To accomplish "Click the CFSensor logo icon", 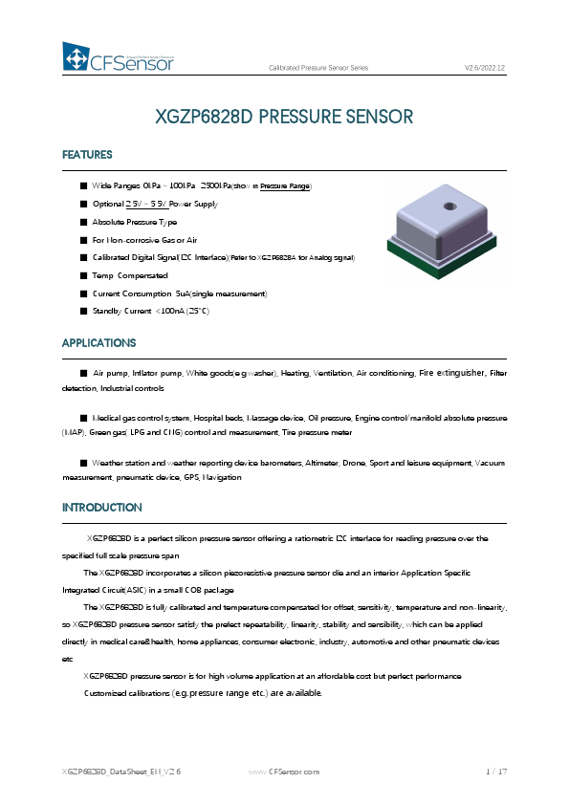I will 76,57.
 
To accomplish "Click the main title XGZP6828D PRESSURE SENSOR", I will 284,117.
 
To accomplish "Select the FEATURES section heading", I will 87,155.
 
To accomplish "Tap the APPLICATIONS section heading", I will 98,342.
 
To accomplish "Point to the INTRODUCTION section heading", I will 101,507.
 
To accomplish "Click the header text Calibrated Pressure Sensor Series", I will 317,67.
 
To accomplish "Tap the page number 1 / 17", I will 495,770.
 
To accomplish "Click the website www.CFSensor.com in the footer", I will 284,770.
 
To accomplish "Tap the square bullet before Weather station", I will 84,462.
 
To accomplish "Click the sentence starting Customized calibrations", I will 204,692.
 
